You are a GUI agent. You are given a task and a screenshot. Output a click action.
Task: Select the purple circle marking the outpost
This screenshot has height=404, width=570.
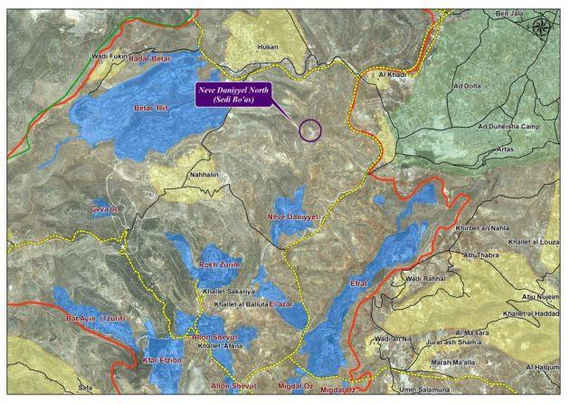point(310,130)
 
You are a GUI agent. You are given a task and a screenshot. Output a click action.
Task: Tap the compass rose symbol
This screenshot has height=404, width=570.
point(544,25)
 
